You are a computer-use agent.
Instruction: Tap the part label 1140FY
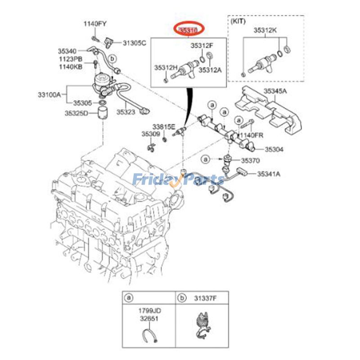94,23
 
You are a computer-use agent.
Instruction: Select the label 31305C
135,43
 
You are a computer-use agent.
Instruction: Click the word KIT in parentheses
238,20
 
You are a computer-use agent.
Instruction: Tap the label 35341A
269,174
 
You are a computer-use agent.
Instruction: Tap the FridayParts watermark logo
179,180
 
